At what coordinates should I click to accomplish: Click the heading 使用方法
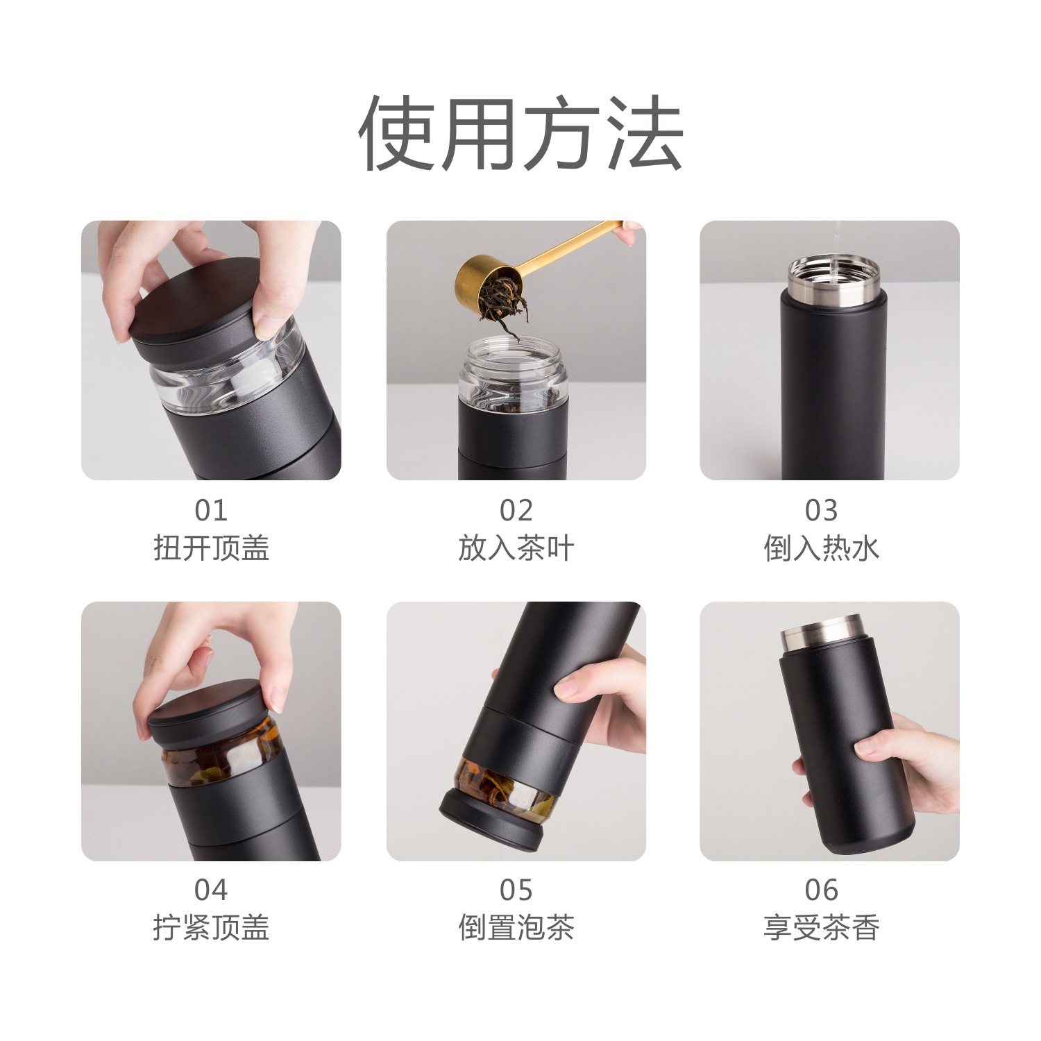pos(520,133)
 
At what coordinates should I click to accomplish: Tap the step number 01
pos(211,511)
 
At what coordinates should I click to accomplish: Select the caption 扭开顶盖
pos(211,548)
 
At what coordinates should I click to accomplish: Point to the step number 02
pos(516,511)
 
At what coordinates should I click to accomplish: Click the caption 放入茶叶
pos(516,548)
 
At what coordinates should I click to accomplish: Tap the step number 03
pos(822,511)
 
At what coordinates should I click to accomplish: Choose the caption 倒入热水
pos(822,548)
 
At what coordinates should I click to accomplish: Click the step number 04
pos(211,890)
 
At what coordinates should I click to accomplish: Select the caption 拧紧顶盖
pos(211,928)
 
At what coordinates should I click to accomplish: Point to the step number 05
pos(516,890)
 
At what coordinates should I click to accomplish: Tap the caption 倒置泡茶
pos(516,928)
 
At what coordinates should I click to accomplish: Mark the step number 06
pos(822,890)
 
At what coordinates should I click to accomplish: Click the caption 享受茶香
pos(822,928)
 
